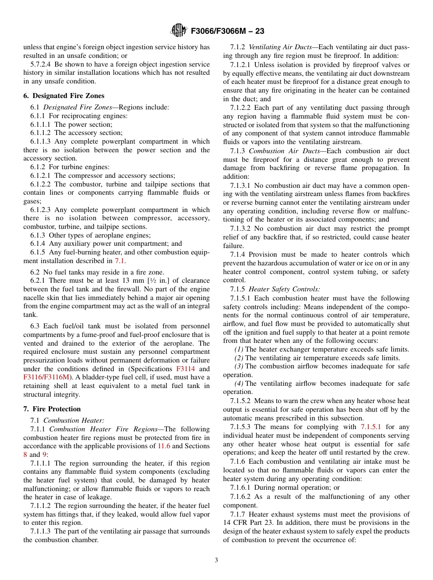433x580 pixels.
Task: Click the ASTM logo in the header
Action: click(x=178, y=31)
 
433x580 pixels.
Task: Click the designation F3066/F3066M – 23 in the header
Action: click(x=227, y=31)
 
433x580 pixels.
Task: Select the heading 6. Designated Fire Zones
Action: click(x=64, y=96)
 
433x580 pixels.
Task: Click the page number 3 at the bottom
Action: click(x=216, y=560)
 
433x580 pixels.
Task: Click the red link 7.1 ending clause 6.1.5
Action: click(x=119, y=261)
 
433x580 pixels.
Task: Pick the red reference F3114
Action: click(x=186, y=369)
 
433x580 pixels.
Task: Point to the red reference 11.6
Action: click(x=164, y=446)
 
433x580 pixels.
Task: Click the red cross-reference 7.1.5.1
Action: click(x=371, y=427)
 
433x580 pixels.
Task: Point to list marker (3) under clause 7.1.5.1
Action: click(x=239, y=367)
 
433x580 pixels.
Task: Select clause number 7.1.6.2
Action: click(x=240, y=497)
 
